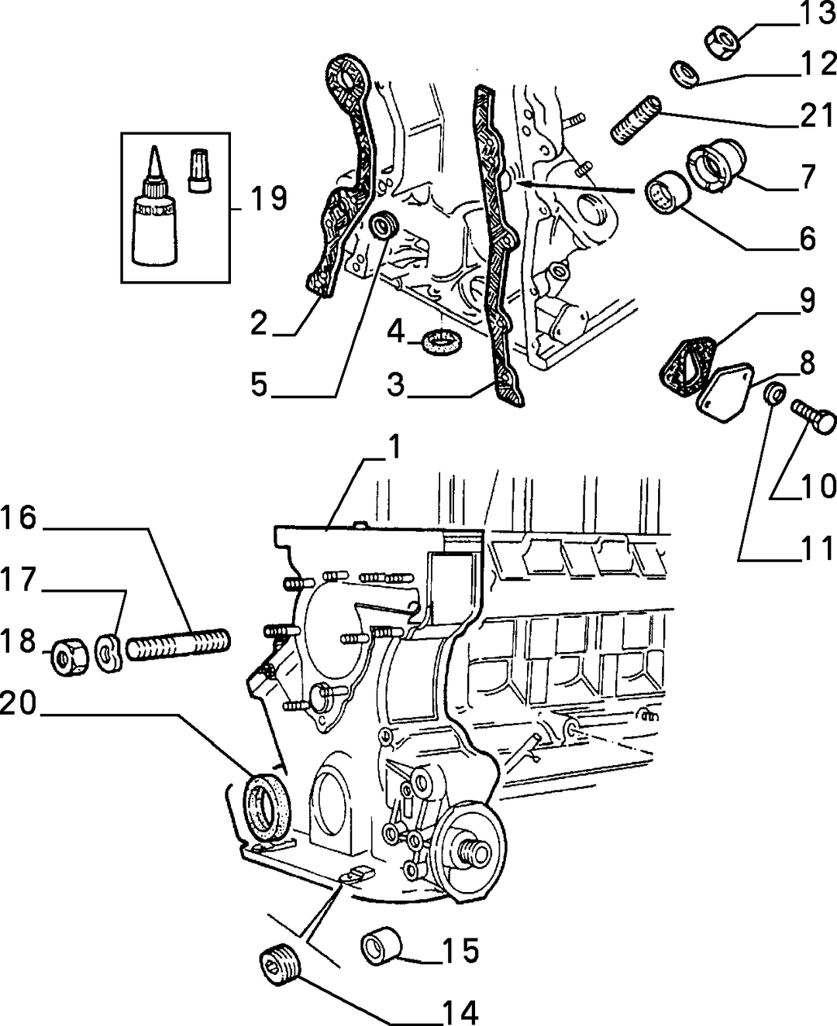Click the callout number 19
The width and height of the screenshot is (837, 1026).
pos(269,198)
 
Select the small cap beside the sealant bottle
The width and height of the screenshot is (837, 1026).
pos(199,171)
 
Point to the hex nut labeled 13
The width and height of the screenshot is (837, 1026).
pos(724,43)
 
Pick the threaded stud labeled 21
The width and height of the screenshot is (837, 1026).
pos(635,119)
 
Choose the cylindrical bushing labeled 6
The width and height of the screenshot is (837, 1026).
pos(669,192)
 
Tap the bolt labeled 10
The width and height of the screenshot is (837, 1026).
pos(814,417)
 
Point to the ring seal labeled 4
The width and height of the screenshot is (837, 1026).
pos(442,341)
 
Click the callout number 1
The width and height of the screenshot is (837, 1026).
pos(394,447)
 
